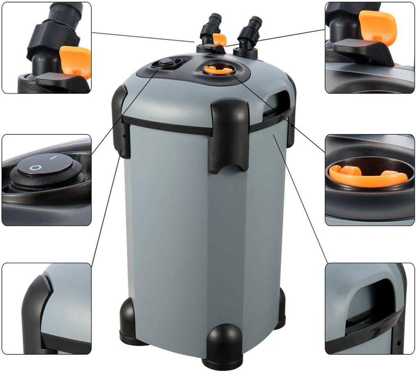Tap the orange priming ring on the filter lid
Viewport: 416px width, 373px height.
[x=219, y=69]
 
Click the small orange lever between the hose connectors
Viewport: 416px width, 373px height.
[x=220, y=39]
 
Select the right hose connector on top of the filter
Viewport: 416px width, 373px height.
[x=249, y=33]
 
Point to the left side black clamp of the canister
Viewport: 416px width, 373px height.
[x=121, y=122]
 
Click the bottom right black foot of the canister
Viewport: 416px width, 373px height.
[x=280, y=309]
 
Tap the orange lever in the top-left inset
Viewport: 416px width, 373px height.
[x=76, y=61]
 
